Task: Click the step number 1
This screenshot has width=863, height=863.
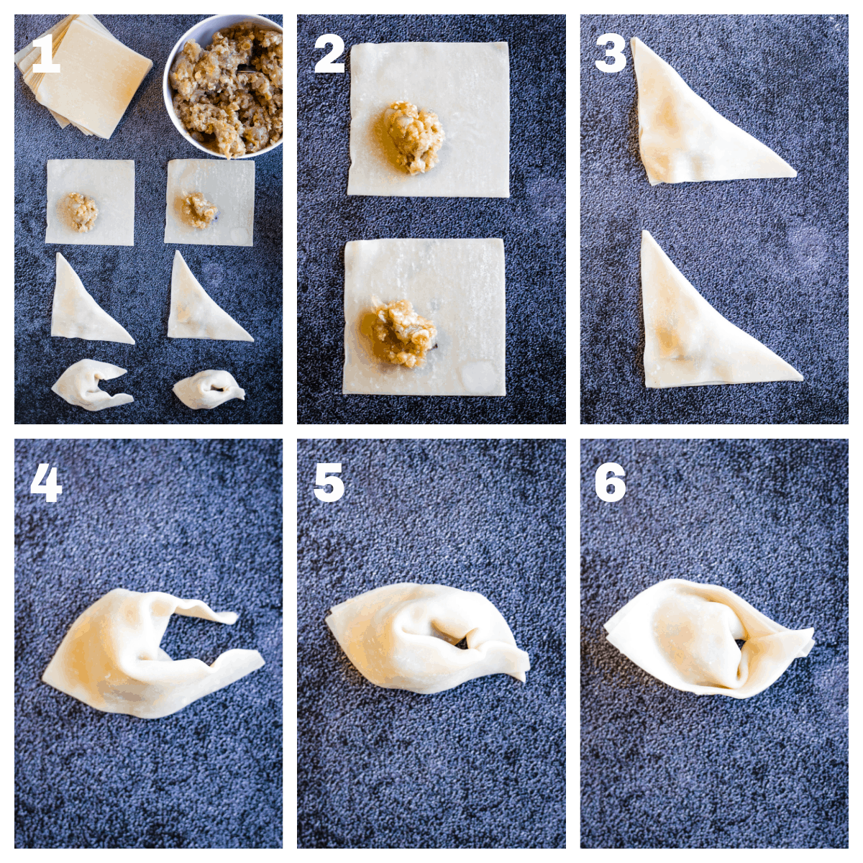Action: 45,55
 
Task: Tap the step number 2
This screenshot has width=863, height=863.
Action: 329,55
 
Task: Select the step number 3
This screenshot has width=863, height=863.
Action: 611,55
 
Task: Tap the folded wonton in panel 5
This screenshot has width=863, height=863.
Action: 424,636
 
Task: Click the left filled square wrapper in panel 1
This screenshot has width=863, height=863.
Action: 90,203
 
